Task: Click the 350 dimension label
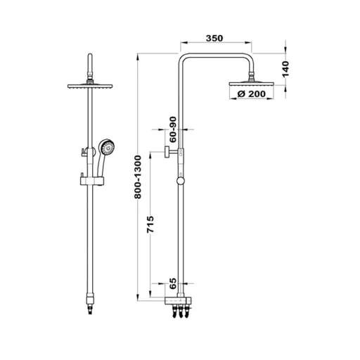coord(214,38)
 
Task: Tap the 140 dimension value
coord(285,69)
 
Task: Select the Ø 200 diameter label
coord(252,94)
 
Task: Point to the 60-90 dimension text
coord(173,129)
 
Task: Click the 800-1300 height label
coord(138,177)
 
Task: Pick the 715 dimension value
coord(150,224)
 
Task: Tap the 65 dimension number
coord(172,283)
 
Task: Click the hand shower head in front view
coord(107,147)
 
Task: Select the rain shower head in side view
coord(251,84)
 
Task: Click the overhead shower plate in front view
coord(90,86)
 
